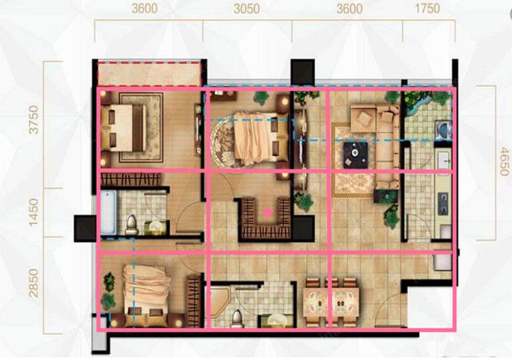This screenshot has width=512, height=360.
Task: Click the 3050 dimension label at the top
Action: pos(246,9)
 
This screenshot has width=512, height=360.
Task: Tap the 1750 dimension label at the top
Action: pos(427,8)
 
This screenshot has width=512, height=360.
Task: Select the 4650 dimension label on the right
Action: pos(504,162)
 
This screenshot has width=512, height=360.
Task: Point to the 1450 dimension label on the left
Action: pos(34,212)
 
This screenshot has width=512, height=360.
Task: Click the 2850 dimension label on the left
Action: pos(34,283)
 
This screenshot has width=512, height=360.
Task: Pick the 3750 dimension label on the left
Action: pos(34,120)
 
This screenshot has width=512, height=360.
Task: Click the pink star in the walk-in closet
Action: pos(268,212)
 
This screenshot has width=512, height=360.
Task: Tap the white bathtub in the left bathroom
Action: pos(109,212)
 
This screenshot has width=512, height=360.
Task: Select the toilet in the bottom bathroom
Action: pos(237,319)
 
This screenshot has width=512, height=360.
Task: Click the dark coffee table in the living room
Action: pos(355,155)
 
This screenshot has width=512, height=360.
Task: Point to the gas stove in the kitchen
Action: pos(442,203)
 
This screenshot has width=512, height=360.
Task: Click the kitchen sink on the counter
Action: pos(445,162)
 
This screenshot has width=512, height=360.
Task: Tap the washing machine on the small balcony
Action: pos(443,130)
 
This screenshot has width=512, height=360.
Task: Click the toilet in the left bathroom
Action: pos(131,226)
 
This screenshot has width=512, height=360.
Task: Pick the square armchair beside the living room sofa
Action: pos(363,118)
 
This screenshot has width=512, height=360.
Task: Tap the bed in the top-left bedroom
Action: pos(124,128)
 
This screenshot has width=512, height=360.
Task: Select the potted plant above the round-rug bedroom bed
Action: pos(261,98)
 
